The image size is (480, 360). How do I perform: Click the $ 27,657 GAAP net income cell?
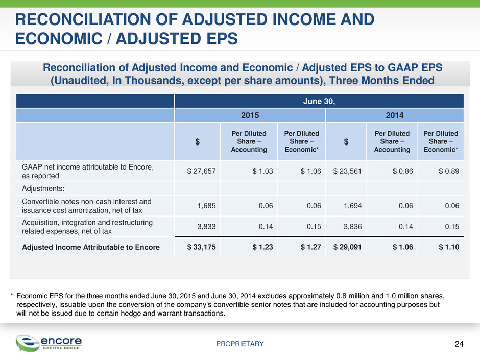point(201,171)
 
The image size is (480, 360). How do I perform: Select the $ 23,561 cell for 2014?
point(347,171)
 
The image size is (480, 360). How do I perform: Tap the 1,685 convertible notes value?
point(206,206)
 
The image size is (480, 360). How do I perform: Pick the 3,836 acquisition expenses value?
point(353,227)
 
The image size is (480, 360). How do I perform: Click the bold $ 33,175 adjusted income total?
point(201,247)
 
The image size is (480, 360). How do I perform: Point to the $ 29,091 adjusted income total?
point(347,247)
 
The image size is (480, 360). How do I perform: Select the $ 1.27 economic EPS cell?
point(310,247)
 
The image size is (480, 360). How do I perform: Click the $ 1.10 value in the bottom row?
point(449,247)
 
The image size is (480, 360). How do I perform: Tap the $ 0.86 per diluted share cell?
point(403,171)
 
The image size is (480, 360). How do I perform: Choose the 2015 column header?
point(250,115)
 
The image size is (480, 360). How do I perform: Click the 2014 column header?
point(395,115)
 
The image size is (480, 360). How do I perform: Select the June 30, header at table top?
point(319,101)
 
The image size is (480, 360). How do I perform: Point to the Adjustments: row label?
point(43,188)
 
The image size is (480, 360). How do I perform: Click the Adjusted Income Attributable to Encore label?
point(91,247)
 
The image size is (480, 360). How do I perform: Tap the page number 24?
point(459,344)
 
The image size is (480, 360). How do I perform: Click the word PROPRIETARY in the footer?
point(240,344)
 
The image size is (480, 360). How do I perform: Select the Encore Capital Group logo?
point(49,343)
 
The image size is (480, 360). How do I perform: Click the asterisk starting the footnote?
point(12,295)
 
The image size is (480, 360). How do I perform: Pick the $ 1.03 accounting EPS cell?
point(262,171)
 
